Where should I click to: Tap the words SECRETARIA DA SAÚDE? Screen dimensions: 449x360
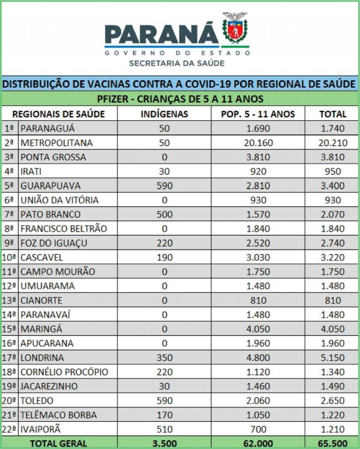(177, 63)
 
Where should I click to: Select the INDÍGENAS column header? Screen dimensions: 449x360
(164, 114)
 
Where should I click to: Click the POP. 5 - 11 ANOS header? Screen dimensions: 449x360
(258, 114)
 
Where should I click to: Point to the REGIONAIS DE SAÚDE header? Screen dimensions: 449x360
(59, 114)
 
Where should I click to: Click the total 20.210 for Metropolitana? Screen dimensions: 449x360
(333, 143)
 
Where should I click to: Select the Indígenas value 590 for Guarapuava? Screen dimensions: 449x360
(164, 186)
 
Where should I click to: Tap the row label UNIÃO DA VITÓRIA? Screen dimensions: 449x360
(60, 200)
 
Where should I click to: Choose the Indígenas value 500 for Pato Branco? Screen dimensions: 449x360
(164, 215)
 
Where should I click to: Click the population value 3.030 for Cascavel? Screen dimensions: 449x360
(258, 257)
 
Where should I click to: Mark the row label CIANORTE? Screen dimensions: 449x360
(41, 300)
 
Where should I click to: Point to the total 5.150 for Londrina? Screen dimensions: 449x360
(333, 358)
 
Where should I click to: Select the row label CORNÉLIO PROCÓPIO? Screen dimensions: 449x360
(64, 372)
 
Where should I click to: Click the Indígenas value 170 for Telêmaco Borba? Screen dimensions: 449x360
(164, 415)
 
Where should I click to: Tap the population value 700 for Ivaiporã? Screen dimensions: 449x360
(258, 429)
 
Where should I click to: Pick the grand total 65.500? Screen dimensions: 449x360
(333, 443)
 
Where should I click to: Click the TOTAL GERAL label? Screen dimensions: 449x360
(59, 443)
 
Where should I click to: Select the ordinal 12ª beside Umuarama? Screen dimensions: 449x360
(9, 286)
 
